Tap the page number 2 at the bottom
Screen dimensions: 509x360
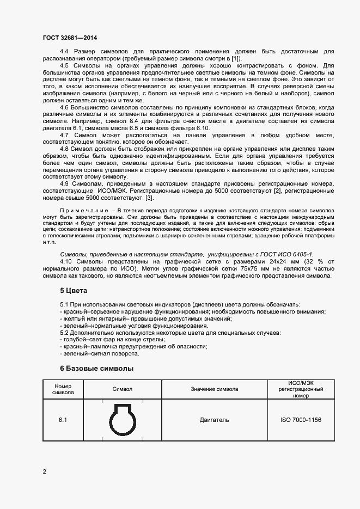click(45, 471)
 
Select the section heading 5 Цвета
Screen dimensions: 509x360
click(74, 291)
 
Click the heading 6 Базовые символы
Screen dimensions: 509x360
click(96, 369)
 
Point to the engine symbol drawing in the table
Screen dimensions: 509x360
click(122, 420)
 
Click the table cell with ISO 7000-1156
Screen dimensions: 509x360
click(301, 420)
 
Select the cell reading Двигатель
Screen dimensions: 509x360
click(214, 420)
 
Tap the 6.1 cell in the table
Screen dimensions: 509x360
click(63, 420)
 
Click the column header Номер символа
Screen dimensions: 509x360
click(63, 389)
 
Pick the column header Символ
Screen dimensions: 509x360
click(122, 389)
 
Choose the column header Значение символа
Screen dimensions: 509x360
click(214, 389)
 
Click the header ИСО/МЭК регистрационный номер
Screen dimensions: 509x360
click(301, 389)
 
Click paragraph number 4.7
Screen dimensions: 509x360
click(65, 134)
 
